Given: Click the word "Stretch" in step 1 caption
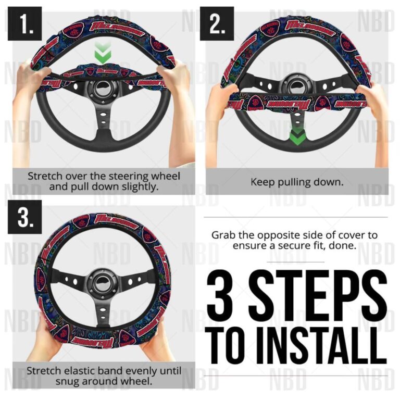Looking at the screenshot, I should [x=44, y=176].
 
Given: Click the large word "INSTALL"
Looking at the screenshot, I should [x=321, y=343].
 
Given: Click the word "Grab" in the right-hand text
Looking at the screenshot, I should [x=222, y=235].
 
